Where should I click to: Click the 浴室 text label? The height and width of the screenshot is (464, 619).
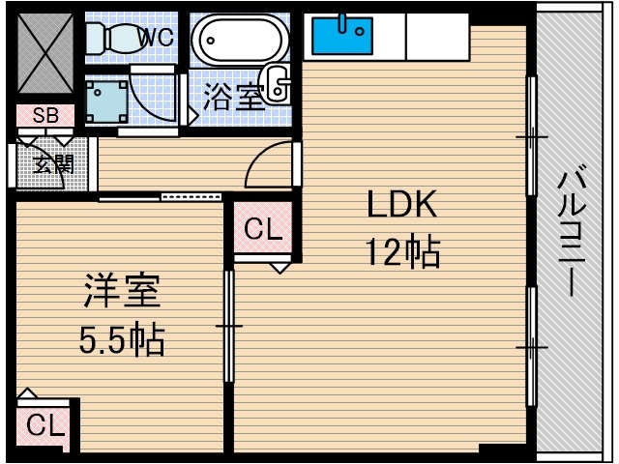(x=232, y=98)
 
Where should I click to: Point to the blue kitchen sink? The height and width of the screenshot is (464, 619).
(x=341, y=36)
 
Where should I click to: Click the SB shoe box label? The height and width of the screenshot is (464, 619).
(x=45, y=116)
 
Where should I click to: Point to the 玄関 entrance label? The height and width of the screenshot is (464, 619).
(x=53, y=163)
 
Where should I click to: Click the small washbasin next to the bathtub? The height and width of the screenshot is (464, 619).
(x=278, y=84)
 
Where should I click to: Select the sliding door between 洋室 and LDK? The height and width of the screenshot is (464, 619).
(x=229, y=327)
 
